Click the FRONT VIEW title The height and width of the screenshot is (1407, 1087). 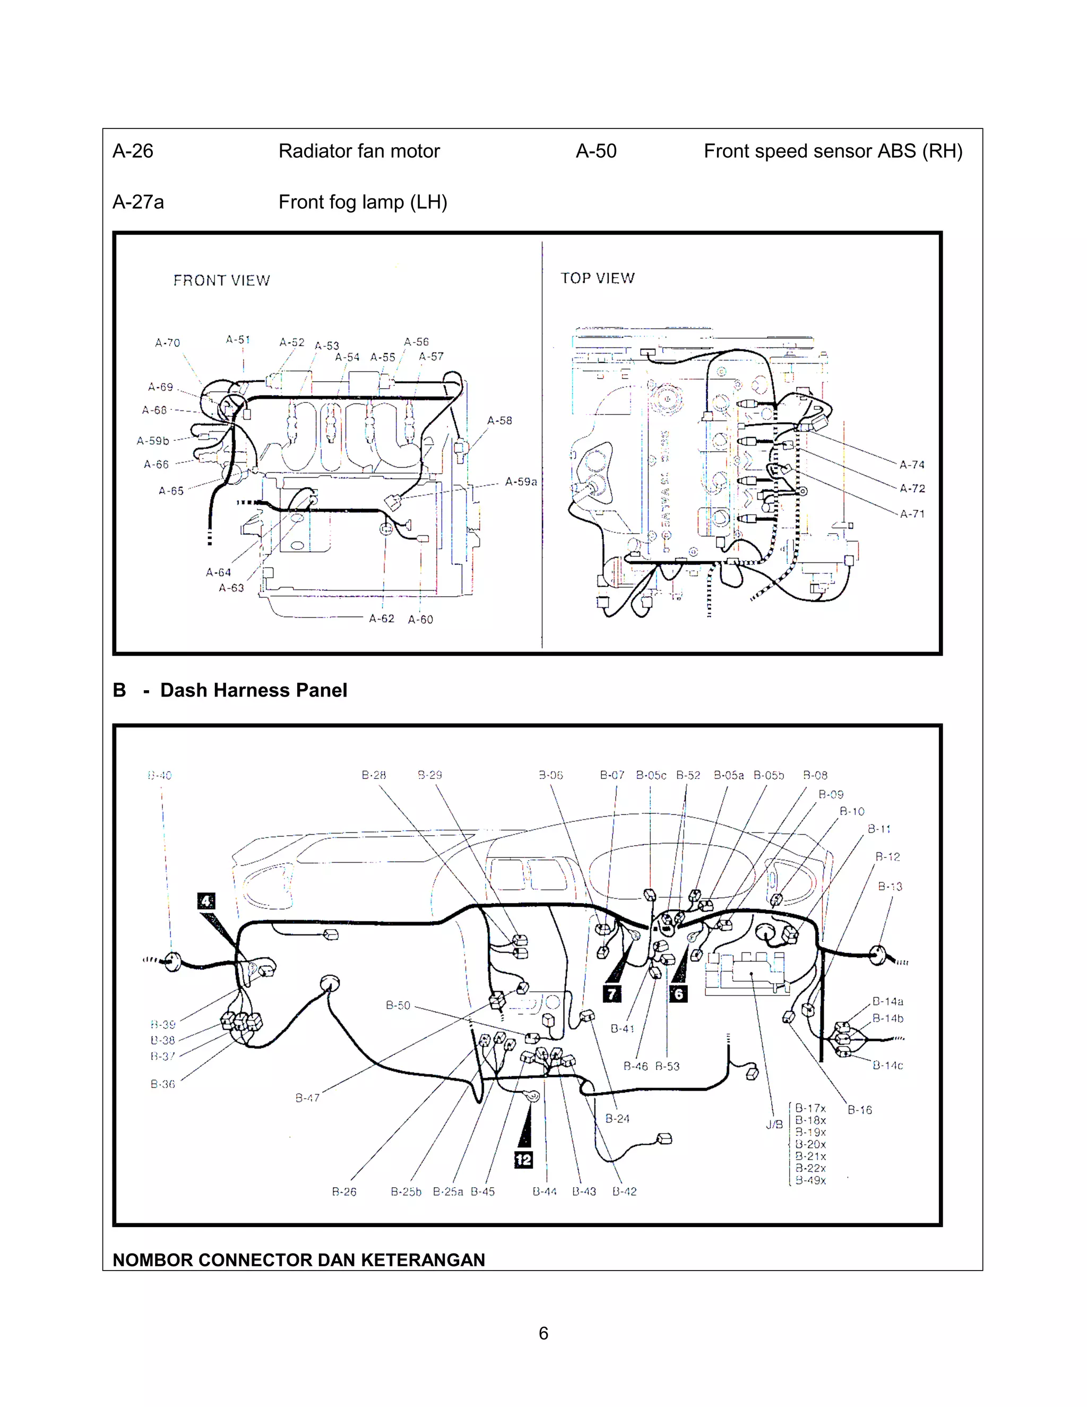pos(221,280)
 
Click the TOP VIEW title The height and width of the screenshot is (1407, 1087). pos(597,278)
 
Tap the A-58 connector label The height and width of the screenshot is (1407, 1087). pos(499,421)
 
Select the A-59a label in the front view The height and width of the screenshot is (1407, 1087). pos(520,482)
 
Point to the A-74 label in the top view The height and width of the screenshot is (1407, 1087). pos(912,465)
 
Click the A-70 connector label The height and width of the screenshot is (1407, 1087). pos(167,343)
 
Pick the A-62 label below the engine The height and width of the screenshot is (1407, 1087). pos(381,619)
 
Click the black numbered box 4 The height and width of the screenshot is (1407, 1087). pos(206,902)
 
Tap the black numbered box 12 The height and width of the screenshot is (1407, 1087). pos(523,1160)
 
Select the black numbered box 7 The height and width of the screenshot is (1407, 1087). pos(612,994)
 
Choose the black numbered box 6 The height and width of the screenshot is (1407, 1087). pos(678,994)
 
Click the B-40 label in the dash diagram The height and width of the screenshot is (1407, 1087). pos(160,775)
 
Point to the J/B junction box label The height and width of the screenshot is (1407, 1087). pos(774,1125)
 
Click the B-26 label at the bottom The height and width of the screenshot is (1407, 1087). pos(344,1192)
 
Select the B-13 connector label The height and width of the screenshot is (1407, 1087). pos(890,887)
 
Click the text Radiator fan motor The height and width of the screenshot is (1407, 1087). pos(359,151)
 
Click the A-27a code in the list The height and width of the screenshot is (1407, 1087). pos(138,202)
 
